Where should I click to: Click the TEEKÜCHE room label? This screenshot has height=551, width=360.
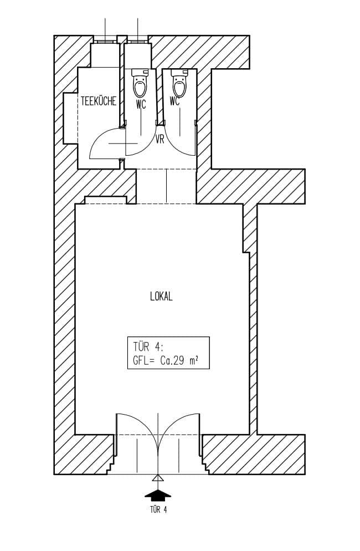[x=99, y=101]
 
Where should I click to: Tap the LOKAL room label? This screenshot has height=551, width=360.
[x=162, y=297]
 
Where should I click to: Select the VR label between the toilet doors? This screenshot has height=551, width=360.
[x=160, y=140]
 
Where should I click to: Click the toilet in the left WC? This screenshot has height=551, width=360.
[x=140, y=83]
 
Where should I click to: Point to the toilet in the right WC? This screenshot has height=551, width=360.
[x=179, y=83]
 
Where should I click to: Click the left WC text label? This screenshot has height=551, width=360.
[x=141, y=104]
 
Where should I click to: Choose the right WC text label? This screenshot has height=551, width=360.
[x=174, y=101]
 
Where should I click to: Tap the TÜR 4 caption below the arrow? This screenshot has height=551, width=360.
[x=158, y=509]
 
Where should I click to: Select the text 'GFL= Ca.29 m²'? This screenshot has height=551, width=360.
[x=165, y=361]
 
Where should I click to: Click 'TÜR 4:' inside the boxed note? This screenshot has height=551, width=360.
[x=148, y=347]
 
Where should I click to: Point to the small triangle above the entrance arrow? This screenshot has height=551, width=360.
[x=158, y=478]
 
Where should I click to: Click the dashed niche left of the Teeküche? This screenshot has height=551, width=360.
[x=70, y=118]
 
